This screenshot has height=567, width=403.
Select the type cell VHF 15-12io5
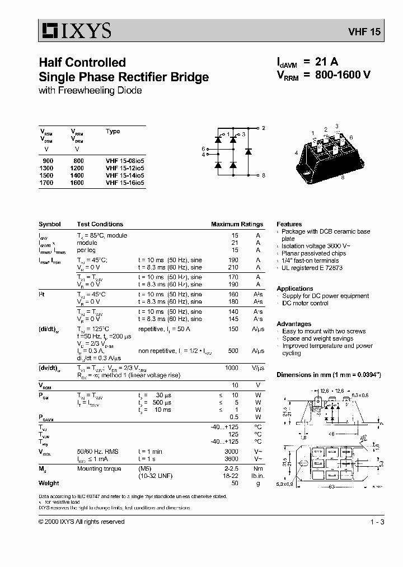coord(124,168)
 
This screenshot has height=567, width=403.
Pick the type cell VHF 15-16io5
coord(124,183)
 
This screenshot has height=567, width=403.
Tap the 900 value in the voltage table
coord(48,161)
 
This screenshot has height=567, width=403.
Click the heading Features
coord(289,224)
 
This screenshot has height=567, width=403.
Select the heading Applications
coord(294,289)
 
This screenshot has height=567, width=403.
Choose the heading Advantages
coord(294,324)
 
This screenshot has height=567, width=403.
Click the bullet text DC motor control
coord(305,303)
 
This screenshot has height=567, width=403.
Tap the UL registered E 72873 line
coord(312,268)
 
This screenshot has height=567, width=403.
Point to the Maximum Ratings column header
coord(237,224)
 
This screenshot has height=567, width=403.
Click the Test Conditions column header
coord(100,224)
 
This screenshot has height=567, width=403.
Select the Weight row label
coord(49,483)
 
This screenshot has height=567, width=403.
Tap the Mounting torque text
coord(99,468)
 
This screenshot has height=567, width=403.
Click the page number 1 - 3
coord(377,522)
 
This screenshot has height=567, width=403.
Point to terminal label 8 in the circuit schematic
coord(263,175)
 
